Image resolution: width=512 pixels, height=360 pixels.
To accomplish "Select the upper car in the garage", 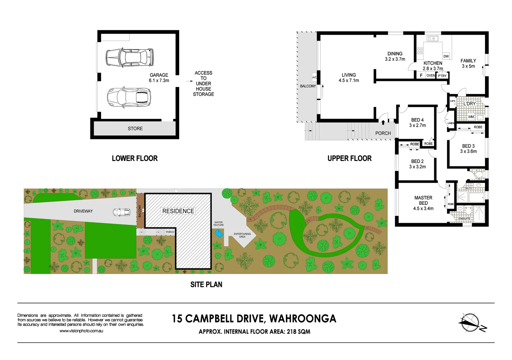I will coord(129,57).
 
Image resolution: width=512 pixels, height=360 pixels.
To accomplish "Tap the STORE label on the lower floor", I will coord(135,129).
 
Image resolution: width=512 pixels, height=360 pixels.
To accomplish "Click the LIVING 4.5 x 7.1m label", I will coord(349,78).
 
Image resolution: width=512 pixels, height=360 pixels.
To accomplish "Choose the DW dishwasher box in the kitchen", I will coord(446,56).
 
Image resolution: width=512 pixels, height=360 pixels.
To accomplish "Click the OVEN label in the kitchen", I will coord(431,76).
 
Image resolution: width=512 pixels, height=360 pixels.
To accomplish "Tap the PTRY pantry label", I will coord(442,76).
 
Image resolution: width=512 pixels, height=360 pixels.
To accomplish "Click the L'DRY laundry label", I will coord(469,104).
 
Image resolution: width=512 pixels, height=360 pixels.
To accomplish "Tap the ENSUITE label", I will coord(464,219).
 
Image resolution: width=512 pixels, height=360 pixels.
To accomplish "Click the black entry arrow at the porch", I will coord(383,122).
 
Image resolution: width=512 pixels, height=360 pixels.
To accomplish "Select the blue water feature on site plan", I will coord(219,234).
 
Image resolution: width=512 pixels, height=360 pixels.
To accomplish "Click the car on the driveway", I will coord(122,212).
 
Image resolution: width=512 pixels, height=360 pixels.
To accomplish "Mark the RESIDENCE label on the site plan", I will coord(178,211).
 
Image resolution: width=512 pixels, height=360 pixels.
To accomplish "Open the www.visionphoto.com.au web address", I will coord(81,331).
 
